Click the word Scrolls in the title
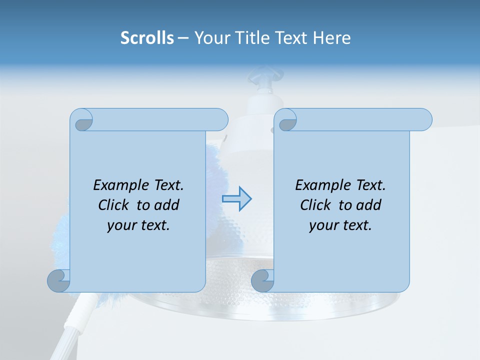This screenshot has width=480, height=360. (147, 38)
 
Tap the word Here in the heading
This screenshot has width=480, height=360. (331, 38)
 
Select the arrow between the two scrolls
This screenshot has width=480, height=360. (237, 199)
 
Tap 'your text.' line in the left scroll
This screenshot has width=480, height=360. (138, 225)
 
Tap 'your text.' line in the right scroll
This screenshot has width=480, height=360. (340, 225)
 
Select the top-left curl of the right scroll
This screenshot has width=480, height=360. (287, 121)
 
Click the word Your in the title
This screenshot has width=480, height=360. (210, 38)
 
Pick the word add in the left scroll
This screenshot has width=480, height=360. (167, 205)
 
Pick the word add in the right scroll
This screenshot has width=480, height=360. (369, 205)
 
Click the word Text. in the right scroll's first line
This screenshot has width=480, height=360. (370, 185)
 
